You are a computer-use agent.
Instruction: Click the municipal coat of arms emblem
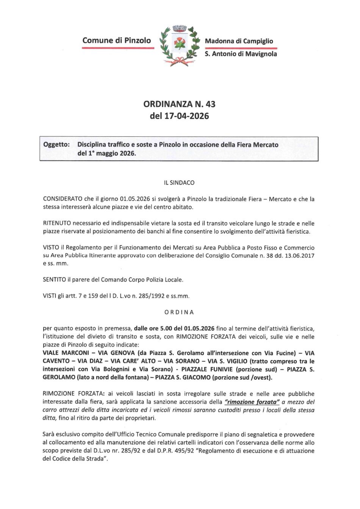tap(180, 45)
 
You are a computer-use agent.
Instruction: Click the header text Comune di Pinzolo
tap(117, 40)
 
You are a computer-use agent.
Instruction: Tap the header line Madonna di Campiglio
tap(239, 41)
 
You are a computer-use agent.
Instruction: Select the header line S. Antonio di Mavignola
tap(241, 54)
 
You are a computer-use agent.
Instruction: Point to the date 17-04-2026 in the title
tap(186, 116)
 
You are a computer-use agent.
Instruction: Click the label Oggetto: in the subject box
tap(56, 145)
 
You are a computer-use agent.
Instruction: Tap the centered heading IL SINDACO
tap(179, 183)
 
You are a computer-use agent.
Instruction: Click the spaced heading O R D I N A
tap(179, 312)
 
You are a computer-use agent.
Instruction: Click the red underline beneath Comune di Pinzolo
tap(118, 48)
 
